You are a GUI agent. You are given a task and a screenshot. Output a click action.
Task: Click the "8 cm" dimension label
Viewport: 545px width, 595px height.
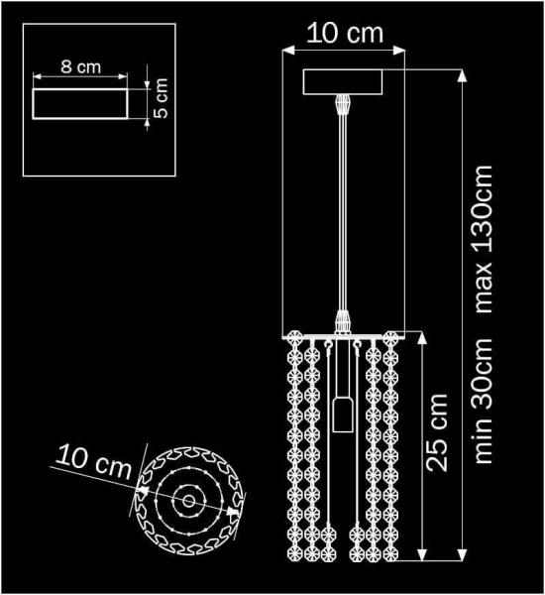[x=80, y=67]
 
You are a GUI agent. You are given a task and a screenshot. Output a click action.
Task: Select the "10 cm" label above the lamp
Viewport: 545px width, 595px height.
[x=344, y=32]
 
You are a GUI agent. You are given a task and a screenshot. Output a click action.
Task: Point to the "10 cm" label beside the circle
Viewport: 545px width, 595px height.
[x=94, y=461]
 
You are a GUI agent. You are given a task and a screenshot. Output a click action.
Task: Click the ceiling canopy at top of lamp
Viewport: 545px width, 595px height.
[x=344, y=81]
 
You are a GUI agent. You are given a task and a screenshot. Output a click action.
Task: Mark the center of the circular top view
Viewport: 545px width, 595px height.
[x=186, y=501]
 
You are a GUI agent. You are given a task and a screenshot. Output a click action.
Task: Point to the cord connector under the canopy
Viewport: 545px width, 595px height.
[x=344, y=103]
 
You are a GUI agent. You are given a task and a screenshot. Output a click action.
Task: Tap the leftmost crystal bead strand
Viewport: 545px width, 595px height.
[x=294, y=446]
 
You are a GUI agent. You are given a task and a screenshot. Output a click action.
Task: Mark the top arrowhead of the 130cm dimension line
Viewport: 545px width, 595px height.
[x=463, y=74]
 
